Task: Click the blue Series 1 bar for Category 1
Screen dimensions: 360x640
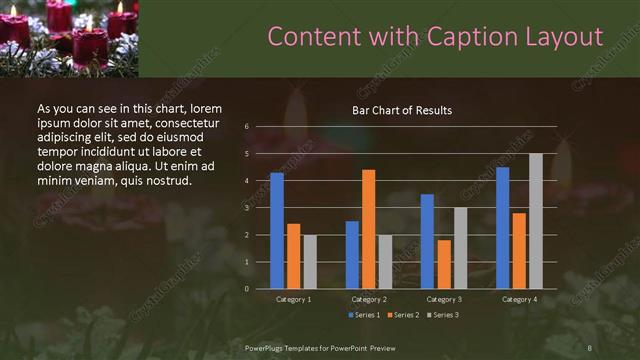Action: coord(277,231)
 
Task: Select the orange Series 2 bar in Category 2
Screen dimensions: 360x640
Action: coord(368,229)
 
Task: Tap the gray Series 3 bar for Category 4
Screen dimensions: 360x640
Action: coord(535,221)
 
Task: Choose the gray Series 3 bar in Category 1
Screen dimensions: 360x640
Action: coord(309,262)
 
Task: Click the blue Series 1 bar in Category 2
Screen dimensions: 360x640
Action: coord(352,255)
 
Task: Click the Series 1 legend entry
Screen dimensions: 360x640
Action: coord(363,315)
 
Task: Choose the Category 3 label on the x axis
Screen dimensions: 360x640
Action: coord(444,299)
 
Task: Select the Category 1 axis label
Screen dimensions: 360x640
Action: coord(293,299)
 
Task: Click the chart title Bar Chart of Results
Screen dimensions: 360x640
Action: coord(402,110)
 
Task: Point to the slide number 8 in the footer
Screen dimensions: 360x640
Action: coord(590,347)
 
